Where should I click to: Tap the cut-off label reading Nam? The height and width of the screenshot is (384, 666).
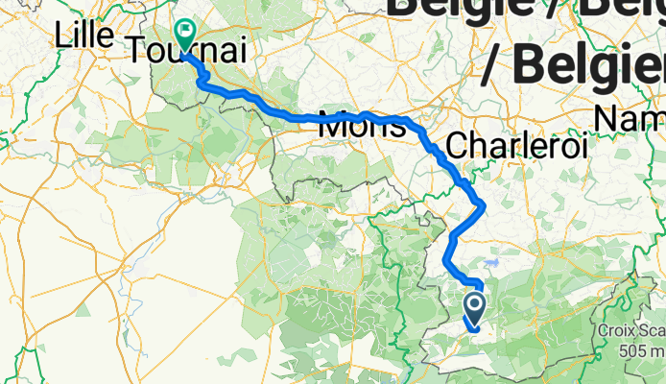628,119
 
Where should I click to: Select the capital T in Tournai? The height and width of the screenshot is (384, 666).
136,49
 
